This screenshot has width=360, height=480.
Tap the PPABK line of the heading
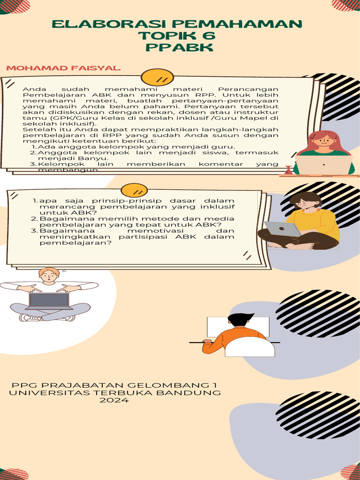pos(180,47)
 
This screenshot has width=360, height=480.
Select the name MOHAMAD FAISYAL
pos(63,68)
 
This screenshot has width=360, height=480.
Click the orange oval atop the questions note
pos(134,190)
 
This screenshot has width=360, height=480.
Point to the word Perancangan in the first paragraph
pos(248,89)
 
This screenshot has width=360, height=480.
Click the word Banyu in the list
pos(97,158)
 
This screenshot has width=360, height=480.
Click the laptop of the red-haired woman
pos(323,165)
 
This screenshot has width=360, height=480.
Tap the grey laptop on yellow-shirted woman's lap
pos(282,229)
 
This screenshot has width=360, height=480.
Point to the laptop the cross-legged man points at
pos(49,300)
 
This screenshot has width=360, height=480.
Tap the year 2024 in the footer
pos(114,400)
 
